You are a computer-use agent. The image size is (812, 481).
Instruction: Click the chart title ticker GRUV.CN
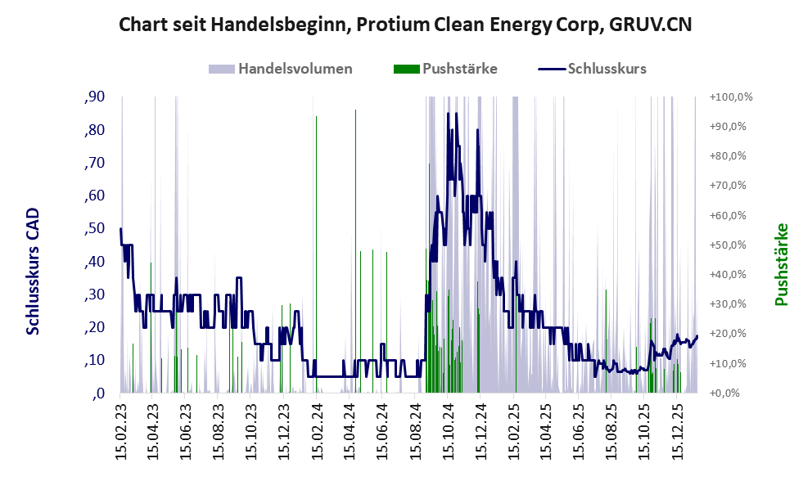(650, 25)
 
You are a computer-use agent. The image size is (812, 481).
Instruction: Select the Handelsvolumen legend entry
(295, 69)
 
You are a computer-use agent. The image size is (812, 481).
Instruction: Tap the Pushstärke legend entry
(459, 69)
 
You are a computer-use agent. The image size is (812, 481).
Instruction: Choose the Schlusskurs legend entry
(607, 69)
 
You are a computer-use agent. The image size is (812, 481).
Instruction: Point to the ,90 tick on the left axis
(95, 97)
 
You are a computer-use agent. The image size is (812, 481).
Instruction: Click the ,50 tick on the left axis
(95, 228)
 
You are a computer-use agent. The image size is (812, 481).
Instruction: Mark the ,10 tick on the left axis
(95, 360)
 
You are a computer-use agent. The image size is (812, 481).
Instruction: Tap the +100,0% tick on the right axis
(731, 97)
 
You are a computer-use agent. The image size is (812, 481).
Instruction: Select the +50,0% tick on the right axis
(731, 245)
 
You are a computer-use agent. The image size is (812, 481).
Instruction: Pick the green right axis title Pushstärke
(780, 264)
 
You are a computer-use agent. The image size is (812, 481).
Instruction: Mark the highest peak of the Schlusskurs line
(448, 114)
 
